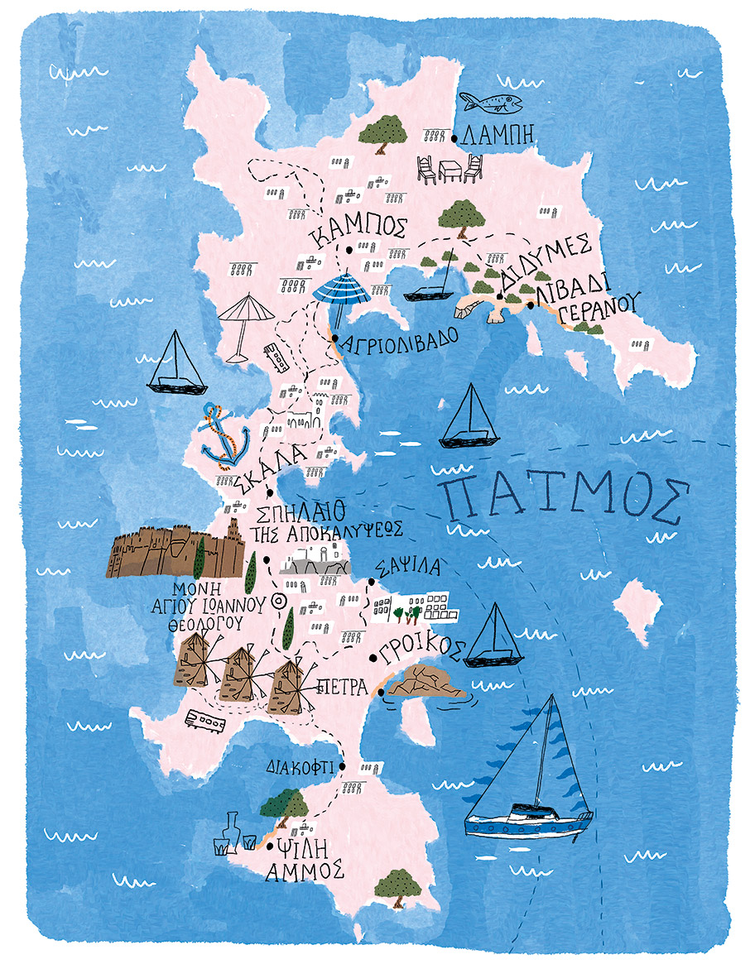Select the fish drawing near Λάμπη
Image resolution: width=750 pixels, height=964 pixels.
(490, 103)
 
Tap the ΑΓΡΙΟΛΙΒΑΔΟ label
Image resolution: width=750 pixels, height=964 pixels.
(397, 342)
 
